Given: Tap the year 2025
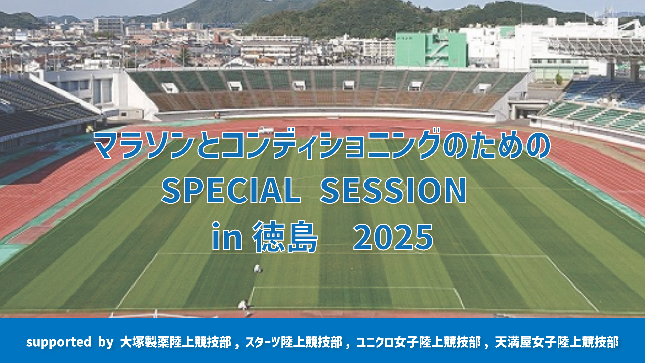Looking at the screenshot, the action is point(393,237).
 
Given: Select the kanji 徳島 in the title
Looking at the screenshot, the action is point(285,237).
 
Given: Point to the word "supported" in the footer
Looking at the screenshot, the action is point(59,342).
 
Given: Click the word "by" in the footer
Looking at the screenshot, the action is point(106,342).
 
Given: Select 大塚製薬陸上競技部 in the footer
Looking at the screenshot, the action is point(176,342).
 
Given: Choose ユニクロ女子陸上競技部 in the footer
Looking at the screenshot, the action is point(419,342).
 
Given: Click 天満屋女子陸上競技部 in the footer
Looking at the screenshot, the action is point(557,342).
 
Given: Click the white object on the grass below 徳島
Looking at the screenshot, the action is point(258,269).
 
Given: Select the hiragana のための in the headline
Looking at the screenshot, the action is point(497,145).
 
